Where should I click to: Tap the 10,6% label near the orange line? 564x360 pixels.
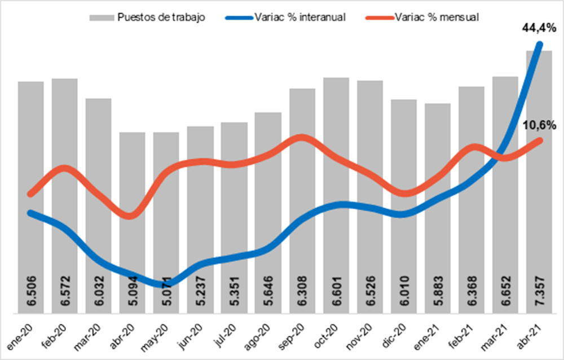pos(540,125)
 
